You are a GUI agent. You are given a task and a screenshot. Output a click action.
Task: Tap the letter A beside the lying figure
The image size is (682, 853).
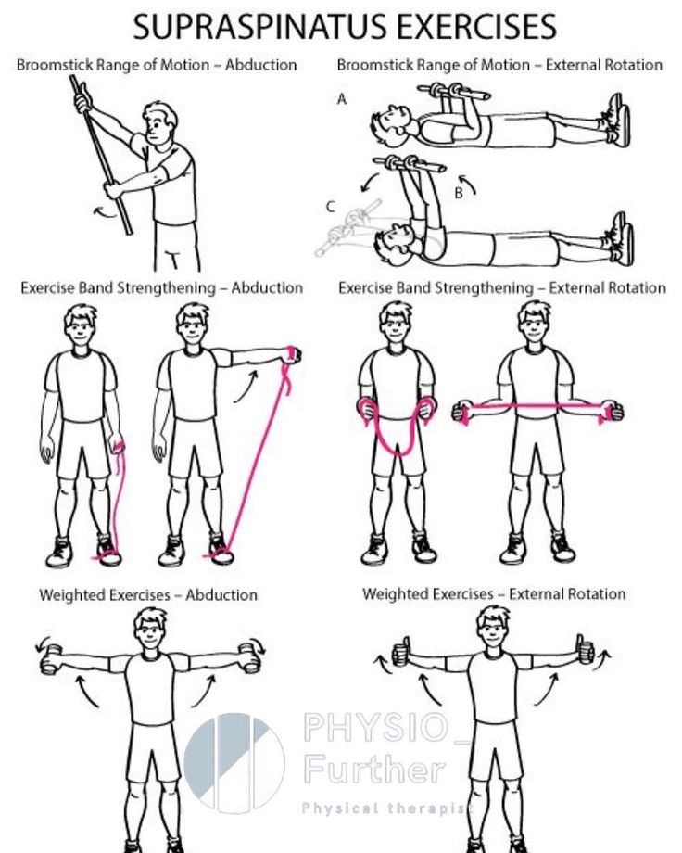coord(342,99)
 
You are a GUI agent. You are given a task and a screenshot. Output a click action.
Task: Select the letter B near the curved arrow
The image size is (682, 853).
coord(459,193)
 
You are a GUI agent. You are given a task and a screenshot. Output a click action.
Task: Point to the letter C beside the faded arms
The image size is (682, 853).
coord(331,208)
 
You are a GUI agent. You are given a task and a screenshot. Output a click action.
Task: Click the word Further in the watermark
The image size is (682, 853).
coord(374,770)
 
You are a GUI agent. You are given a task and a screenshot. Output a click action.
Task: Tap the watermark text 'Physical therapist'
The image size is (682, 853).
coord(385,808)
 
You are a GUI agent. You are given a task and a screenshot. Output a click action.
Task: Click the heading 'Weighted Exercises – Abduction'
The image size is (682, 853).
coord(148,594)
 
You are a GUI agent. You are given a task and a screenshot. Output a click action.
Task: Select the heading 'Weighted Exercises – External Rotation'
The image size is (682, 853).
coord(494,593)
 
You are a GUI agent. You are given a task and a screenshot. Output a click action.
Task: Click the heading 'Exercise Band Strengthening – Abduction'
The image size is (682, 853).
coord(161,287)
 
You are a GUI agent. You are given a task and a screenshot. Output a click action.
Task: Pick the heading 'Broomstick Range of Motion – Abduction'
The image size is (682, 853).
coord(157,65)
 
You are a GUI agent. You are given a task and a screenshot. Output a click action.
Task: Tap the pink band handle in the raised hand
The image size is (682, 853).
coord(294,354)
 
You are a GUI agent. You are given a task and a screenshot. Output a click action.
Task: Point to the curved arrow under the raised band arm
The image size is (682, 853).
coord(246,387)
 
